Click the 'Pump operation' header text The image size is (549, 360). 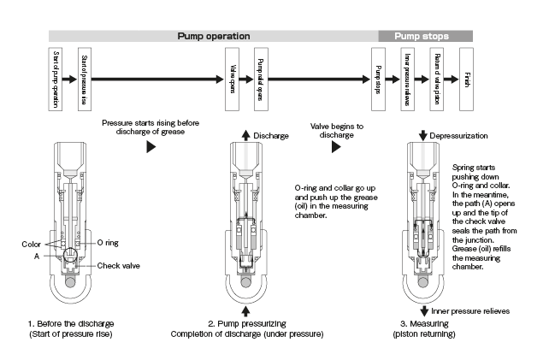[213, 36]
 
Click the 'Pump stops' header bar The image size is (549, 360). [425, 36]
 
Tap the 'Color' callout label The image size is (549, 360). [32, 243]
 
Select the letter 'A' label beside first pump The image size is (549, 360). [37, 255]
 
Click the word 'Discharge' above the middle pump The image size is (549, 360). [271, 134]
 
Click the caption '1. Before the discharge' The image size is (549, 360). [71, 323]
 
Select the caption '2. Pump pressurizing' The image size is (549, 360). [247, 323]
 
